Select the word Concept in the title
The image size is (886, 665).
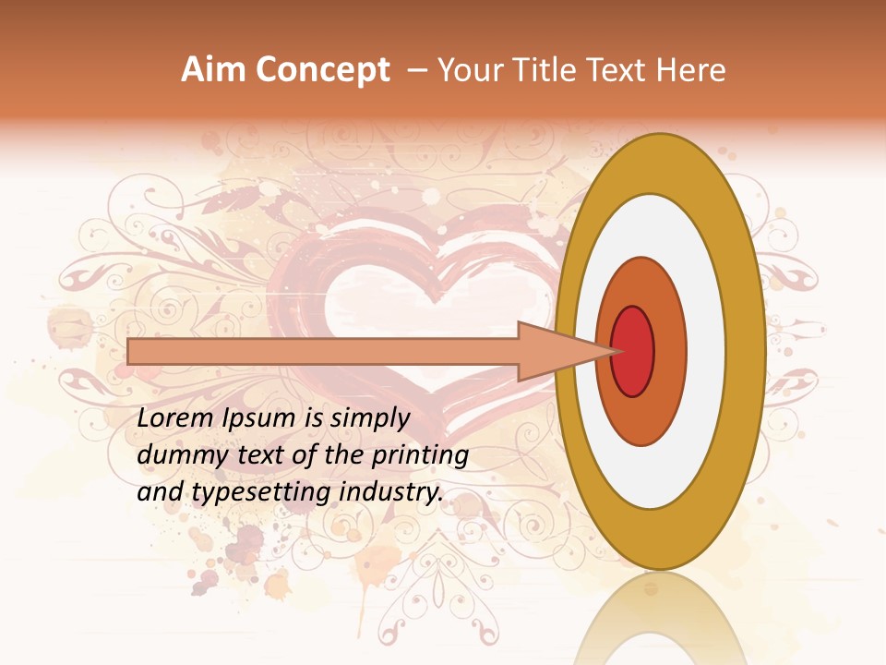point(322,70)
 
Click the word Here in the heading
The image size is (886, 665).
point(691,70)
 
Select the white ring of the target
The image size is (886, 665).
point(706,351)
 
